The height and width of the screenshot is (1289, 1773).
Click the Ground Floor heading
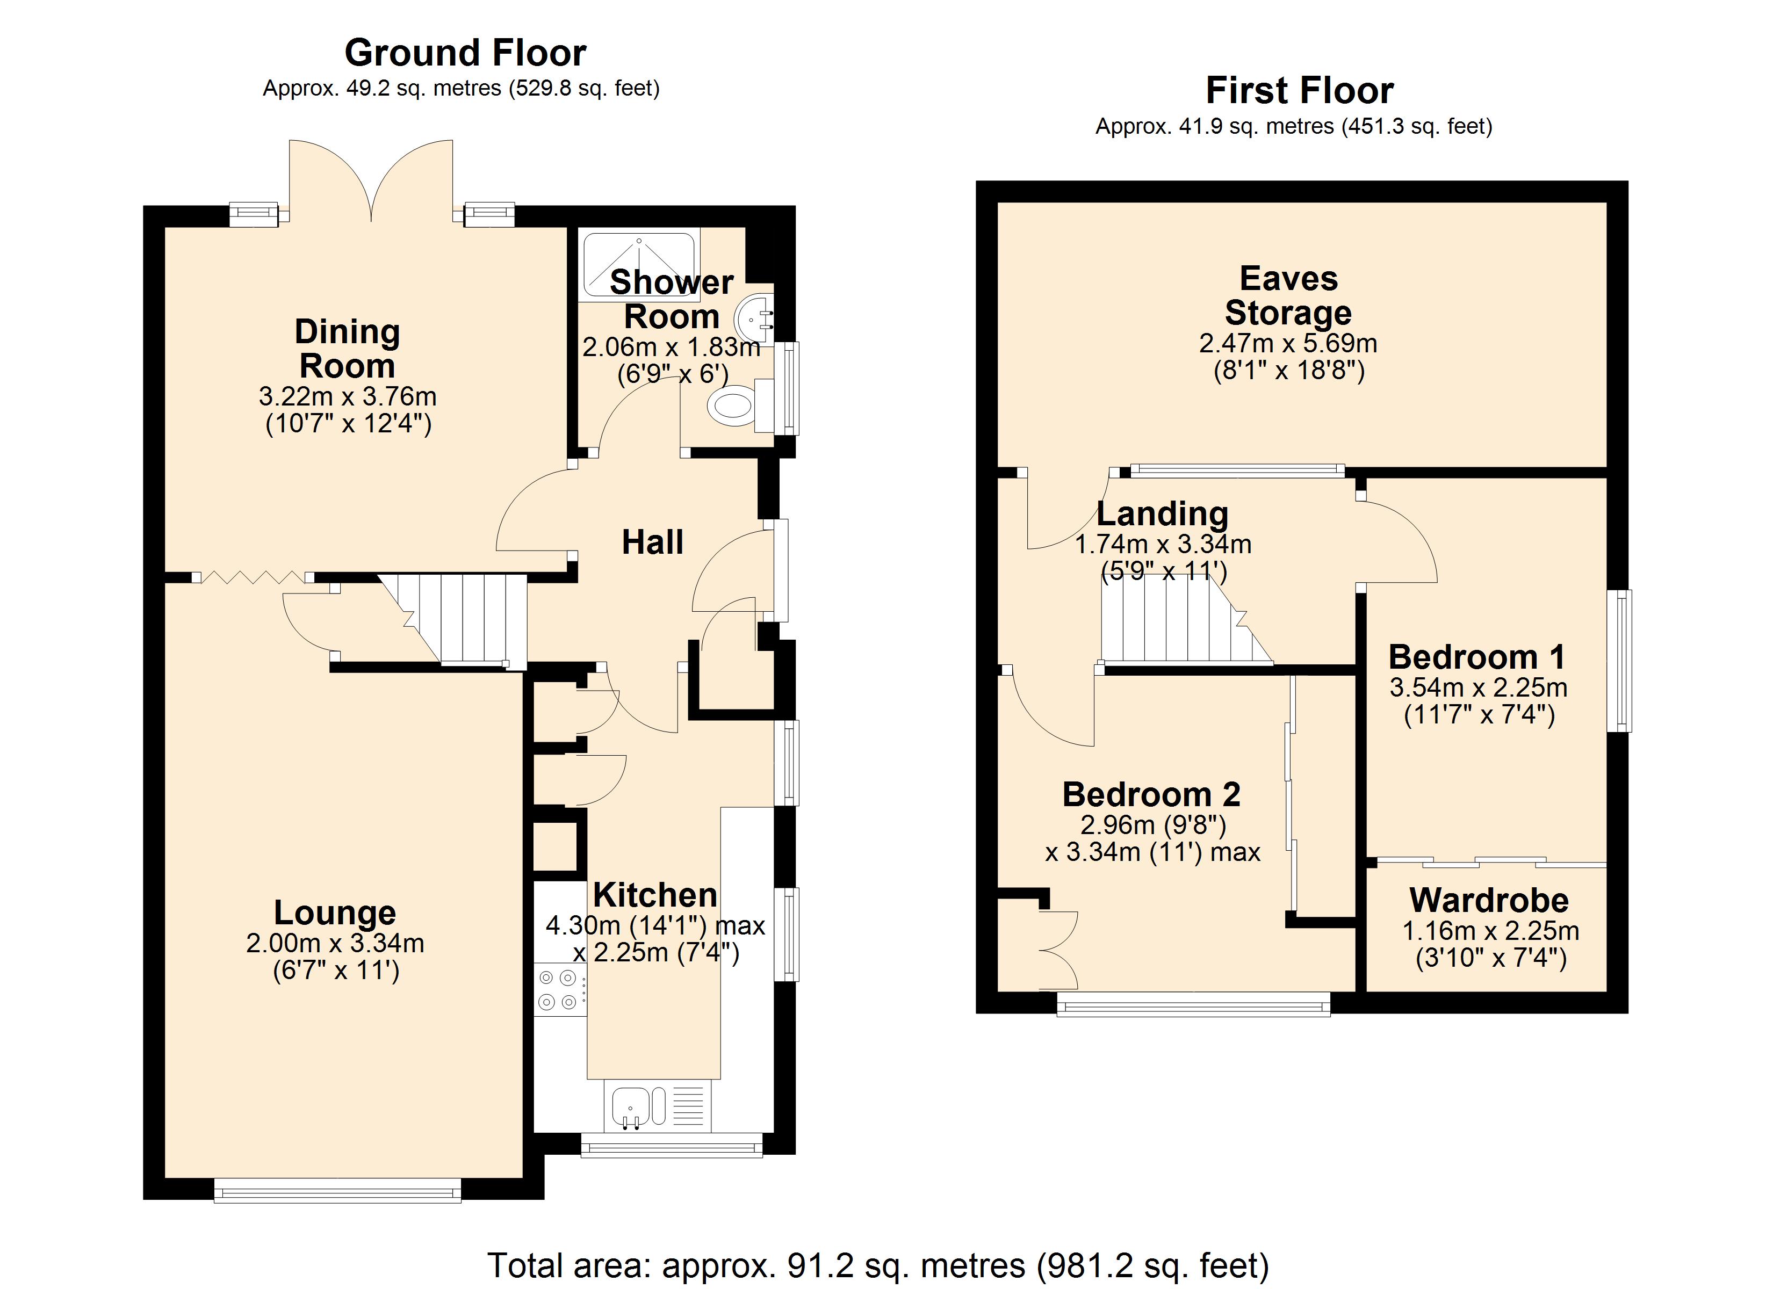[465, 53]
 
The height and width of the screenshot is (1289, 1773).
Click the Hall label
[652, 542]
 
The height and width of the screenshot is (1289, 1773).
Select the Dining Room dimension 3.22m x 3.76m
[347, 396]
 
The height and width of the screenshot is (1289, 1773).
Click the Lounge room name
[335, 912]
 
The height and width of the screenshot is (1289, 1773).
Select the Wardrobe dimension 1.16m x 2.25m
[1490, 931]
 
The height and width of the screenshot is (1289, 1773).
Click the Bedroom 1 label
[1477, 657]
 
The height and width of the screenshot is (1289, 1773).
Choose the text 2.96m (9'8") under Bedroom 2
[1152, 824]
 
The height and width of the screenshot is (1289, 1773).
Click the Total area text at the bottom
[877, 1265]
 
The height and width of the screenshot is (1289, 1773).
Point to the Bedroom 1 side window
[1624, 661]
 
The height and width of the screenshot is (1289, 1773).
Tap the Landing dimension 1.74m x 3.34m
[1163, 544]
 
